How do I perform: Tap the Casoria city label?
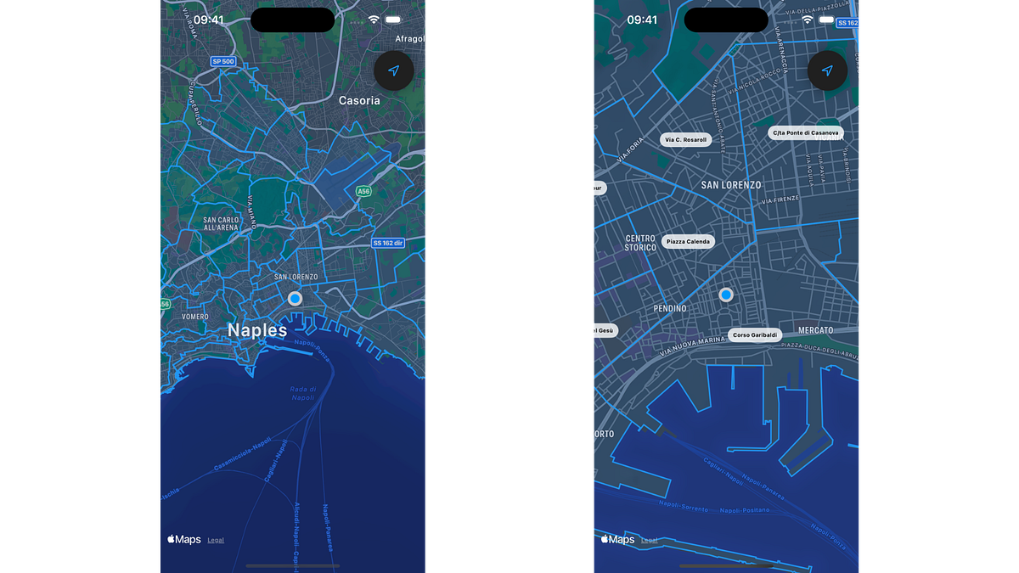[x=359, y=100]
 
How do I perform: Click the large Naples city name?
[x=257, y=330]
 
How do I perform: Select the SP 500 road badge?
[x=222, y=62]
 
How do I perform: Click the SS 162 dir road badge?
[x=388, y=243]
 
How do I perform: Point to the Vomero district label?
[x=194, y=317]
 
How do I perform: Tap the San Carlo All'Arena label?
[x=221, y=224]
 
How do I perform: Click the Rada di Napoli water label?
[x=303, y=394]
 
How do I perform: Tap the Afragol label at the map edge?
[x=410, y=39]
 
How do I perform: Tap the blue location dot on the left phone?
[x=295, y=299]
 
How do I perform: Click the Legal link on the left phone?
[x=216, y=540]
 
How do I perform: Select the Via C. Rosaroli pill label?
[x=685, y=140]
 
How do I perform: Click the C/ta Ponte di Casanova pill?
[x=805, y=133]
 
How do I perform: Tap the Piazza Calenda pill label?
[x=688, y=242]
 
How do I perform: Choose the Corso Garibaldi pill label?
[x=755, y=335]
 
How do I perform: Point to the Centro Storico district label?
[x=640, y=244]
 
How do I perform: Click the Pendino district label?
[x=670, y=309]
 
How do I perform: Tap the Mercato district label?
[x=815, y=330]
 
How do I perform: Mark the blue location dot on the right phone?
[x=726, y=295]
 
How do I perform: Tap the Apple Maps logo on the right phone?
[x=617, y=539]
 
